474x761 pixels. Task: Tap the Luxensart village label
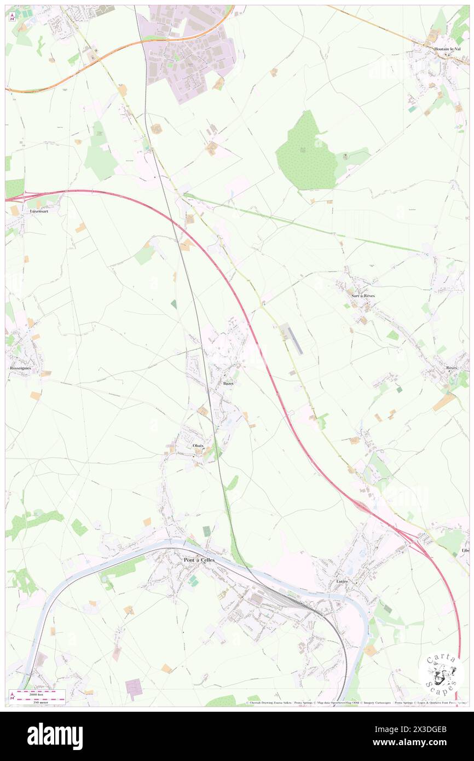pos(37,211)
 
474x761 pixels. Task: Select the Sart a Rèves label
pos(363,296)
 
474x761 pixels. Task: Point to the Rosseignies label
pos(21,368)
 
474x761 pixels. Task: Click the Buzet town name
pos(228,383)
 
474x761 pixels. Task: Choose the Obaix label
pos(198,446)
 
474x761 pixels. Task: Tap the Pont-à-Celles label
pos(199,560)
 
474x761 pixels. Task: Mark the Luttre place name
pos(343,581)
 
